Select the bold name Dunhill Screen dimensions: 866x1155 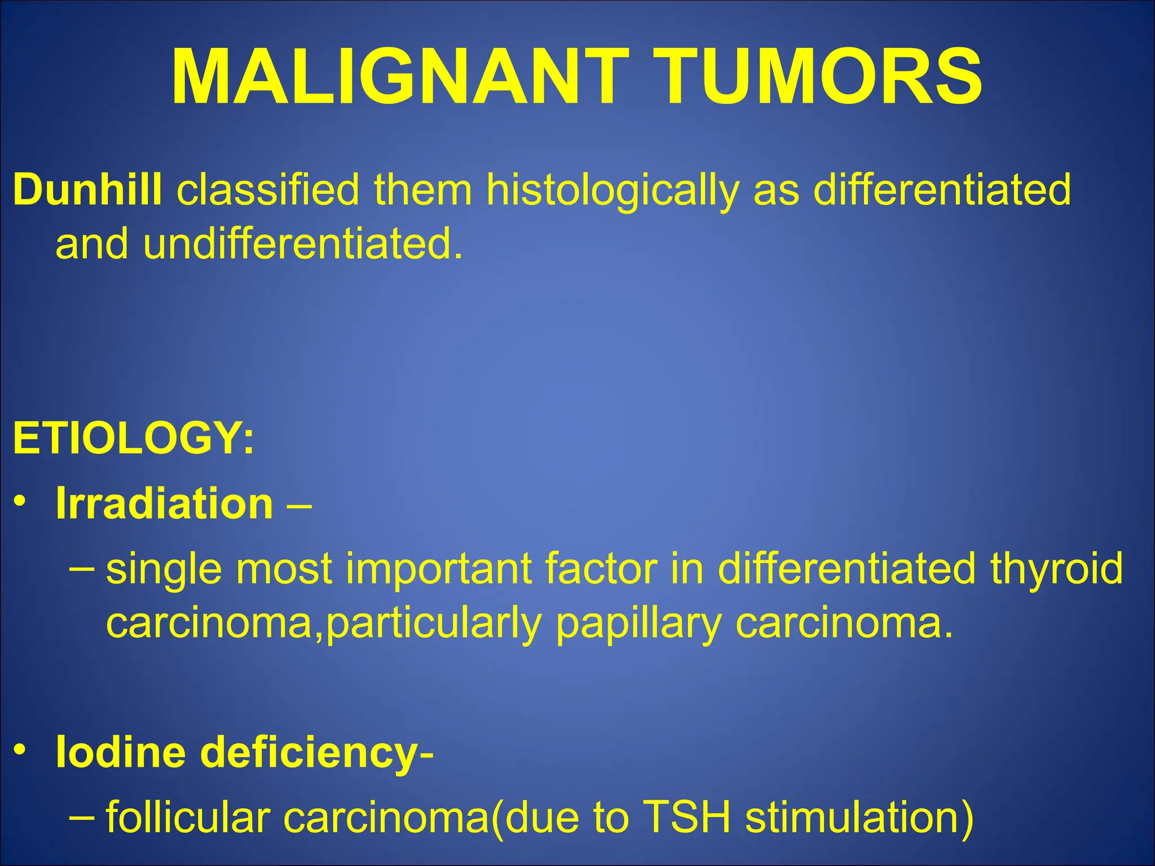(x=87, y=190)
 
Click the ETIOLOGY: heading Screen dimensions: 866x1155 (x=134, y=438)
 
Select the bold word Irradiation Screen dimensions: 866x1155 (x=164, y=503)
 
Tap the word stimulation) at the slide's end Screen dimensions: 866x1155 (x=859, y=819)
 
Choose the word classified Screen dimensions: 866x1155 (x=268, y=190)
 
